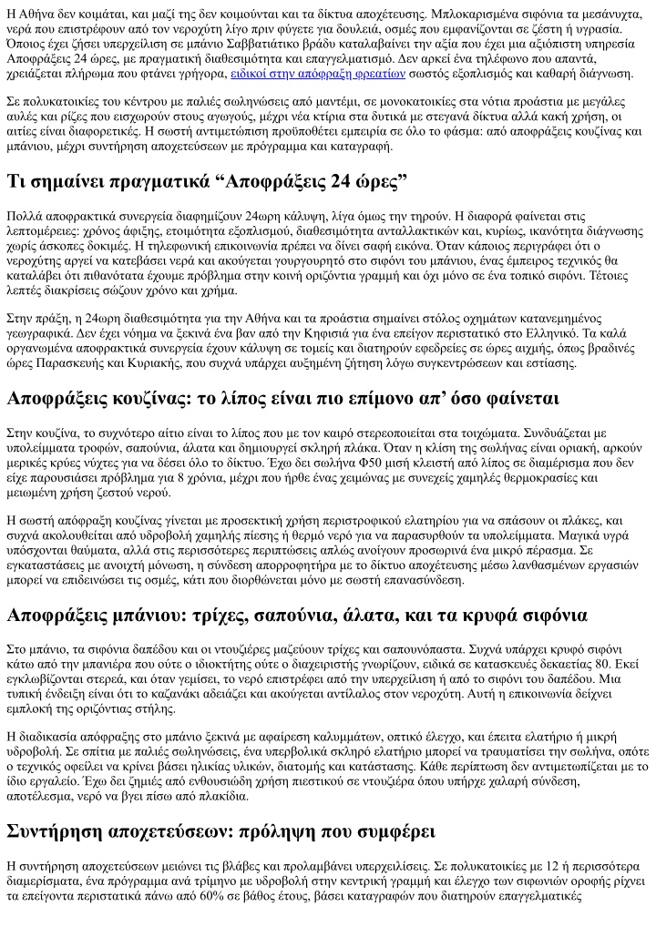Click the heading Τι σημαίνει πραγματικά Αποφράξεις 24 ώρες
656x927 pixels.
[207, 180]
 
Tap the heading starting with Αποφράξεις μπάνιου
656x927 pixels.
[297, 616]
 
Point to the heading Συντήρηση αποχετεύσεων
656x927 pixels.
[220, 832]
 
